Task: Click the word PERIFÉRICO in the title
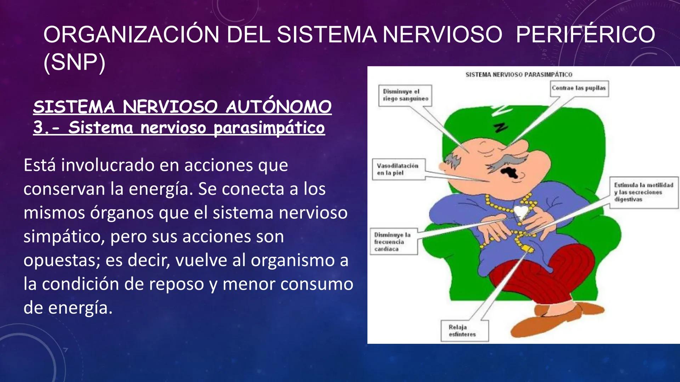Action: pos(585,35)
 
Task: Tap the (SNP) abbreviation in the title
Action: pos(74,63)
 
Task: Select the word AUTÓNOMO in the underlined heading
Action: pos(278,107)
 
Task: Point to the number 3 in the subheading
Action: pos(38,127)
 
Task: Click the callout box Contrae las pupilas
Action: pos(579,88)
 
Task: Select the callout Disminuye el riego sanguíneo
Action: pos(405,95)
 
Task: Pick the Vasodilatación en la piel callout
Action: pos(398,169)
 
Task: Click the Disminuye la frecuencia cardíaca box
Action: pos(393,242)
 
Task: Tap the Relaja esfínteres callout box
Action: pos(464,331)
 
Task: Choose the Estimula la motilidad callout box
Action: pos(643,192)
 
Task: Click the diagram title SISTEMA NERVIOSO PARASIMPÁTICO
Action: pos(518,75)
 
